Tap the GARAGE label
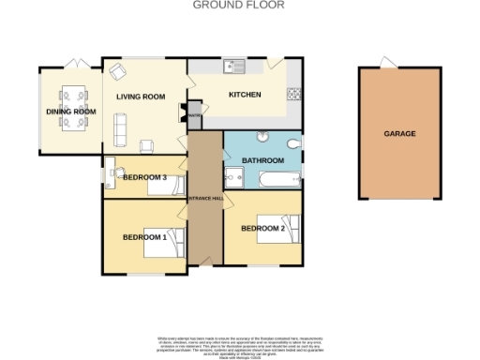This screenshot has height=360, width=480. (x=399, y=134)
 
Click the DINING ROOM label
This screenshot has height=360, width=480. (x=71, y=112)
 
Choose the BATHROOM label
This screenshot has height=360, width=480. (x=262, y=160)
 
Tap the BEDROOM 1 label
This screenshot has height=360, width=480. (x=144, y=237)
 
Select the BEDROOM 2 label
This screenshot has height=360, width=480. (x=262, y=228)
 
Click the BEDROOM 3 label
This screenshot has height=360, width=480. (x=144, y=177)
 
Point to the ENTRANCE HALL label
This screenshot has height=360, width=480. (x=205, y=201)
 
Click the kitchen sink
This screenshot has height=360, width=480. (x=233, y=66)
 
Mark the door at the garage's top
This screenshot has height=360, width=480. (x=385, y=63)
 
